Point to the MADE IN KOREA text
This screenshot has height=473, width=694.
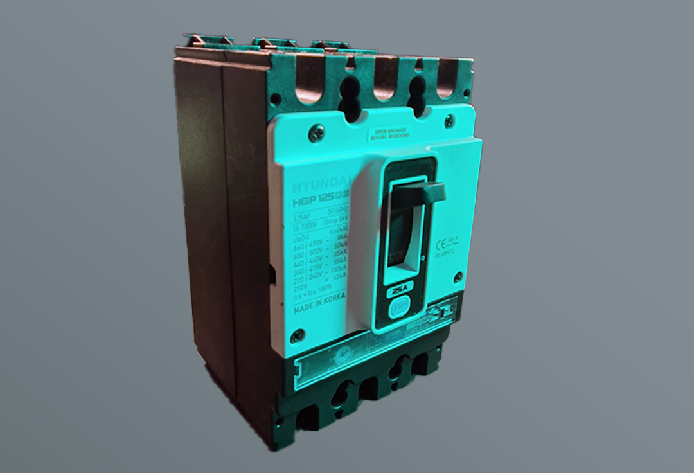click(x=319, y=308)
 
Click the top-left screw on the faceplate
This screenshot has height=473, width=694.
click(x=316, y=134)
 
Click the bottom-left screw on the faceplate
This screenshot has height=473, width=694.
click(x=297, y=336)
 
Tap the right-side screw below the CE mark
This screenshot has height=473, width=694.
click(x=458, y=278)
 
